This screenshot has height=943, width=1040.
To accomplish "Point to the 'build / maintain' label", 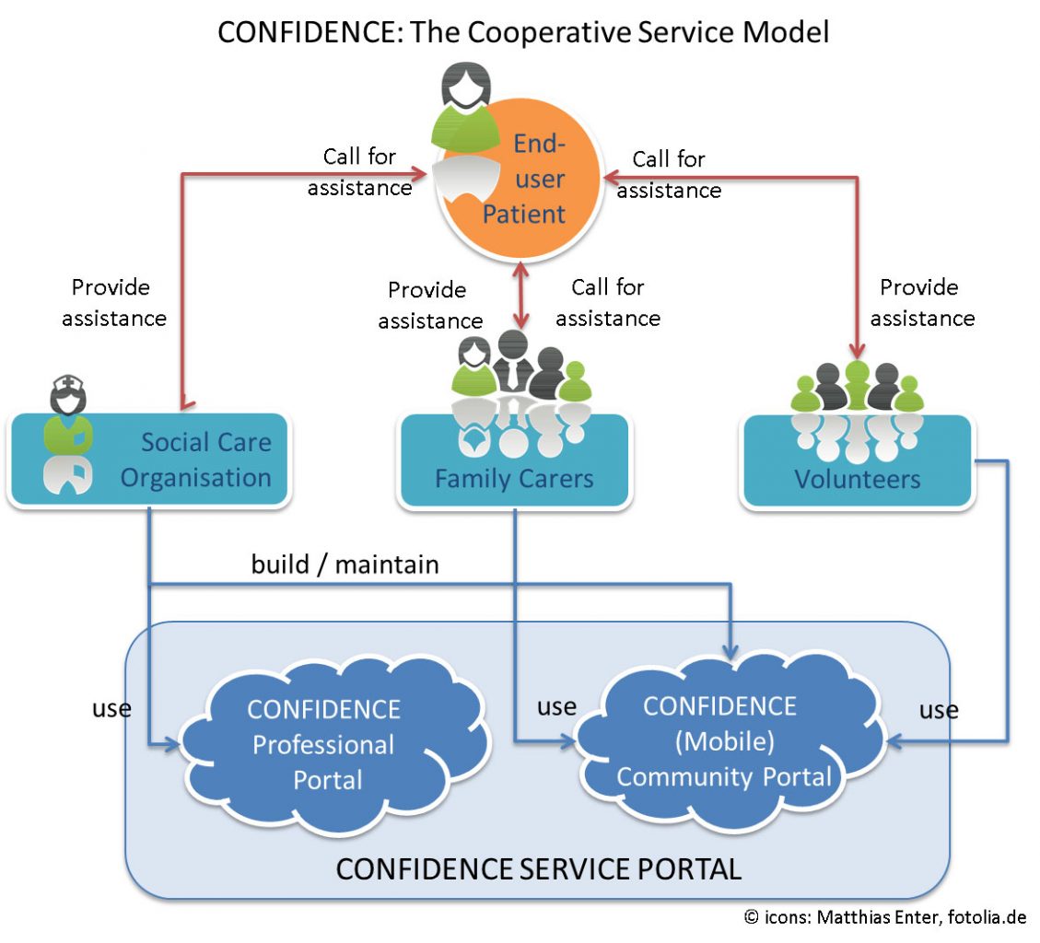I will pos(345,564).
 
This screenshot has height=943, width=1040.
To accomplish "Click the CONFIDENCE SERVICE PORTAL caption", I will pos(538,868).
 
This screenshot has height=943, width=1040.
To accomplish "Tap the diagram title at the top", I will pos(523,32).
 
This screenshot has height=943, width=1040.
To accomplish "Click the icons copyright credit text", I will pos(884,917).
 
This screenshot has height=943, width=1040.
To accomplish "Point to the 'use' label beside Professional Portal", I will pos(111,708).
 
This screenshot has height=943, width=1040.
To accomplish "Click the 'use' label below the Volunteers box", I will pos(939,710).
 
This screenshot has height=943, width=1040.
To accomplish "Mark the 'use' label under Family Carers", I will pos(556,706).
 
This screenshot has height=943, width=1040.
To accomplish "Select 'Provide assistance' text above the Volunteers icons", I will pos(921,303).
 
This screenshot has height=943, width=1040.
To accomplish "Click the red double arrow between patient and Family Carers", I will pos(522,295).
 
